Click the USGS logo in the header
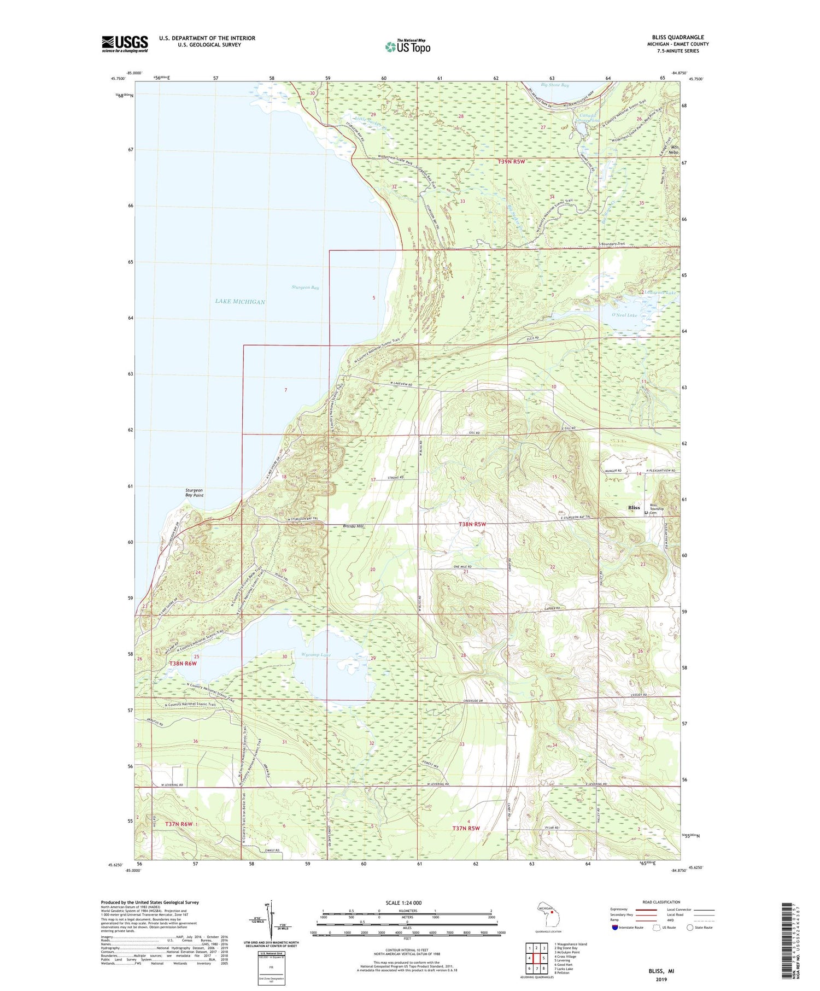tap(125, 44)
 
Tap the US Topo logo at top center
tap(407, 46)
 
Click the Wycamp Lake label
tap(315, 655)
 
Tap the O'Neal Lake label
tap(624, 315)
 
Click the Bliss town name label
tap(633, 508)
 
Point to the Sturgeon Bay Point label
tap(194, 493)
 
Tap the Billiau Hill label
tap(353, 526)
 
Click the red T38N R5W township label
tap(472, 524)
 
